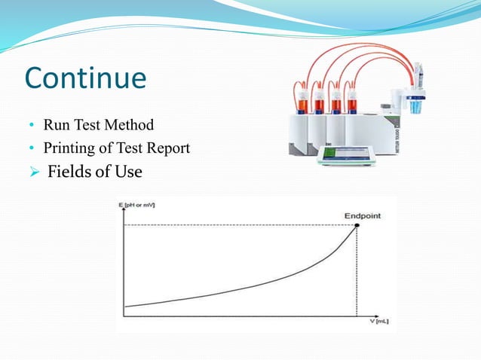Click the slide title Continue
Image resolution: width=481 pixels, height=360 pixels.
(x=85, y=78)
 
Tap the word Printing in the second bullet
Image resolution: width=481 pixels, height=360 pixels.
(x=67, y=148)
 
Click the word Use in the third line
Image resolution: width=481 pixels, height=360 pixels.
(x=128, y=172)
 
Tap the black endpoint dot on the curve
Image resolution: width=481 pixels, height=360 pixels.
(x=357, y=224)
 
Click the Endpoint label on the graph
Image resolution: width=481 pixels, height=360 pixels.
(x=363, y=215)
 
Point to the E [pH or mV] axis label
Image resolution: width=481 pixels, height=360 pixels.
(x=136, y=206)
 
